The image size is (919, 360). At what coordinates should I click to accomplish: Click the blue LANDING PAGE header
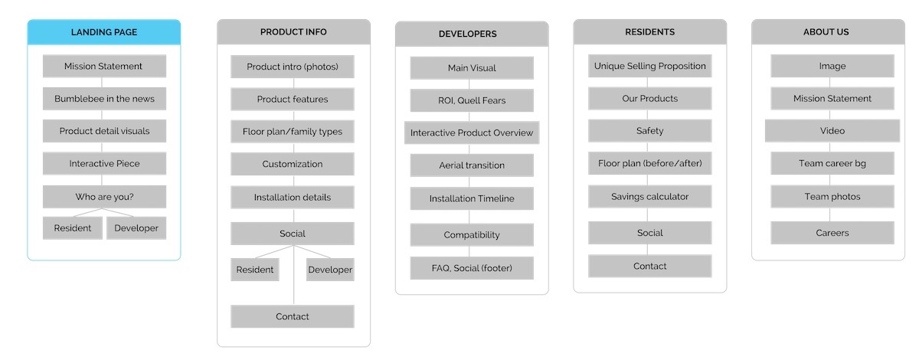tap(104, 32)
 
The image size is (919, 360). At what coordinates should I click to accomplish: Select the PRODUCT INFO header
tap(293, 31)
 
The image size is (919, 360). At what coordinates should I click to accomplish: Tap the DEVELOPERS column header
tap(472, 34)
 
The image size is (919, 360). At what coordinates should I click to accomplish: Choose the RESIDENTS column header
tap(650, 31)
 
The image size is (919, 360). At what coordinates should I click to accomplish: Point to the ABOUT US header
tap(828, 31)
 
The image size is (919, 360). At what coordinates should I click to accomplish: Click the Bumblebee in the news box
tap(104, 99)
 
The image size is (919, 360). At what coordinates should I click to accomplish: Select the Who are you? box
tap(104, 197)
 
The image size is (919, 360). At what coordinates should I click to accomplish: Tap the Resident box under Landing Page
tap(73, 227)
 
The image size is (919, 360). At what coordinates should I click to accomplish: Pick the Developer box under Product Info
tap(330, 270)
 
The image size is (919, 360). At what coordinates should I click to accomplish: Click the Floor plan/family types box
tap(292, 131)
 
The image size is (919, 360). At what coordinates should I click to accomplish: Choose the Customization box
tap(292, 164)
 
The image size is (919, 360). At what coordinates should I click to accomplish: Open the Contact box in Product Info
tap(292, 316)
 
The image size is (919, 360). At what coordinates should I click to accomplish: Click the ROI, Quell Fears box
tap(472, 100)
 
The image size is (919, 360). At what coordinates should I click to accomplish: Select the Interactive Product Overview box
tap(472, 133)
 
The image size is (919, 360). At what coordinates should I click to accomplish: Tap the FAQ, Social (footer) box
tap(472, 268)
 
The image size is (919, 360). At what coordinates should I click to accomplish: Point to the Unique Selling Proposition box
tap(650, 66)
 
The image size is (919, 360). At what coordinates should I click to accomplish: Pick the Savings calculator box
tap(650, 196)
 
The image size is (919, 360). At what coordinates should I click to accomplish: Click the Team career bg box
tap(832, 163)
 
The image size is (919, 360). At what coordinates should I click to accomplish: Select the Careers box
tap(832, 233)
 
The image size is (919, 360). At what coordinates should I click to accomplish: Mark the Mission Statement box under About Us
tap(832, 98)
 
